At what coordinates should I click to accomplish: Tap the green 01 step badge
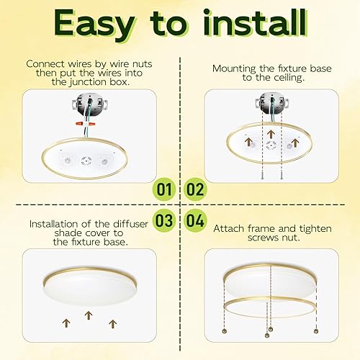(166, 190)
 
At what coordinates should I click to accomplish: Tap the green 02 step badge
(195, 190)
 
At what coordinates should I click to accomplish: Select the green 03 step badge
(166, 219)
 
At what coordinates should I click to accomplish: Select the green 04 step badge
(195, 219)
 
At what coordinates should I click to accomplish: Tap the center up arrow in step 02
(269, 134)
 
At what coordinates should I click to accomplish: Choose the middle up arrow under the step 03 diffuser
(89, 315)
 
